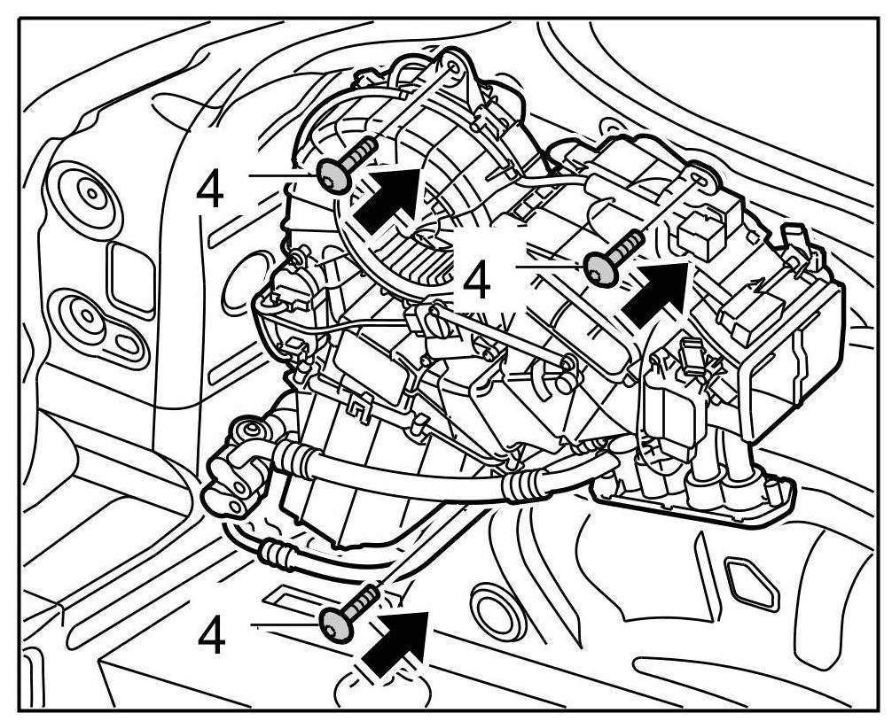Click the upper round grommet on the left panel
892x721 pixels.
pos(90,192)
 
